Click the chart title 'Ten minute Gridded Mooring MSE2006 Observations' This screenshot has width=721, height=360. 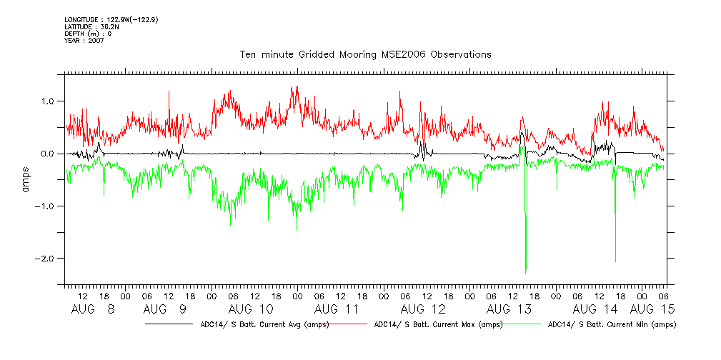365,54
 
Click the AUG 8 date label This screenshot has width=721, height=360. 93,309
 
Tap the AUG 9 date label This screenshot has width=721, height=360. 165,309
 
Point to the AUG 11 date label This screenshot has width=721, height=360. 337,309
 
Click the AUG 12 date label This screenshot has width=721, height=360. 423,309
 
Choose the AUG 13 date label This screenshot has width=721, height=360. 509,309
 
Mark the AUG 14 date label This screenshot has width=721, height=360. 595,309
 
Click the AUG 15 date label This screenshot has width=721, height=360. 654,309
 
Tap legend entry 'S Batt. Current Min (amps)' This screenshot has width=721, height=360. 611,324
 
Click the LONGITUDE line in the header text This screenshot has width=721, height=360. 111,19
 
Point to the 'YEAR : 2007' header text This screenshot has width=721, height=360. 84,41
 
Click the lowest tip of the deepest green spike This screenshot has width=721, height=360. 526,274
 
